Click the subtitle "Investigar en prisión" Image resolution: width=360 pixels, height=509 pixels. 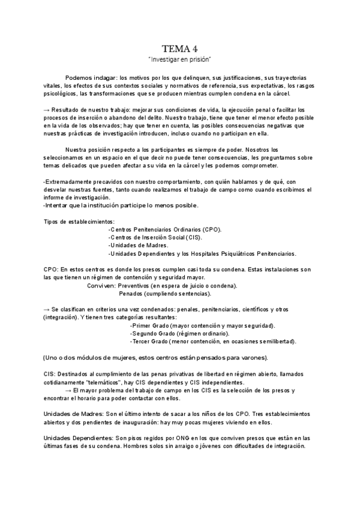pyautogui.click(x=179, y=61)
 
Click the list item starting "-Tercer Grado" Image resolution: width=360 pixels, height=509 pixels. pyautogui.click(x=204, y=341)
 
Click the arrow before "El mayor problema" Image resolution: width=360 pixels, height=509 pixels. pyautogui.click(x=68, y=390)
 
